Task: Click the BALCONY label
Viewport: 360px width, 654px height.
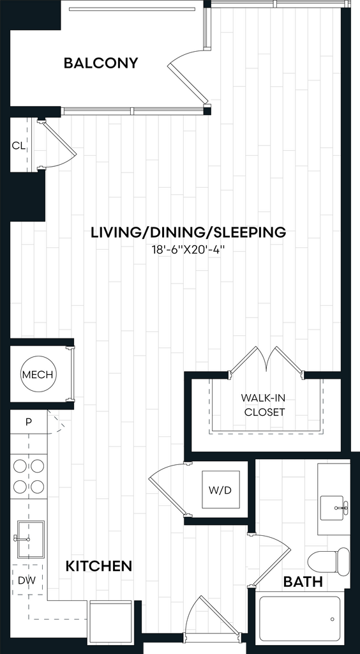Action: (x=101, y=63)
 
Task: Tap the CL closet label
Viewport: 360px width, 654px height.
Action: (x=19, y=146)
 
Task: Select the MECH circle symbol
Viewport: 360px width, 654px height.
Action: (x=38, y=374)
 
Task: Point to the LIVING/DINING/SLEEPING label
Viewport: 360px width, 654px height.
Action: (x=188, y=232)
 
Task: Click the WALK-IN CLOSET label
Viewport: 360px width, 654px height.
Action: (x=265, y=405)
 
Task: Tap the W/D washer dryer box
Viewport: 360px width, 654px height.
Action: (x=221, y=489)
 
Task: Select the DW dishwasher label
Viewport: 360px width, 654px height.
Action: (x=26, y=580)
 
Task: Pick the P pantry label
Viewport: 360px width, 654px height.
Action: (x=28, y=422)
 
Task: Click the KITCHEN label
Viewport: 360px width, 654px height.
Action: (x=99, y=566)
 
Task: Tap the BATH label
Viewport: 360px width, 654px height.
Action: (x=303, y=581)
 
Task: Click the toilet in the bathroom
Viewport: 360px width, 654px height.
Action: (x=329, y=562)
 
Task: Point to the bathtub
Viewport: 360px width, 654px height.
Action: (x=299, y=619)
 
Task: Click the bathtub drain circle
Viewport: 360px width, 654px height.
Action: (x=333, y=619)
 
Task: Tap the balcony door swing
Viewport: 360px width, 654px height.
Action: (x=188, y=76)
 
